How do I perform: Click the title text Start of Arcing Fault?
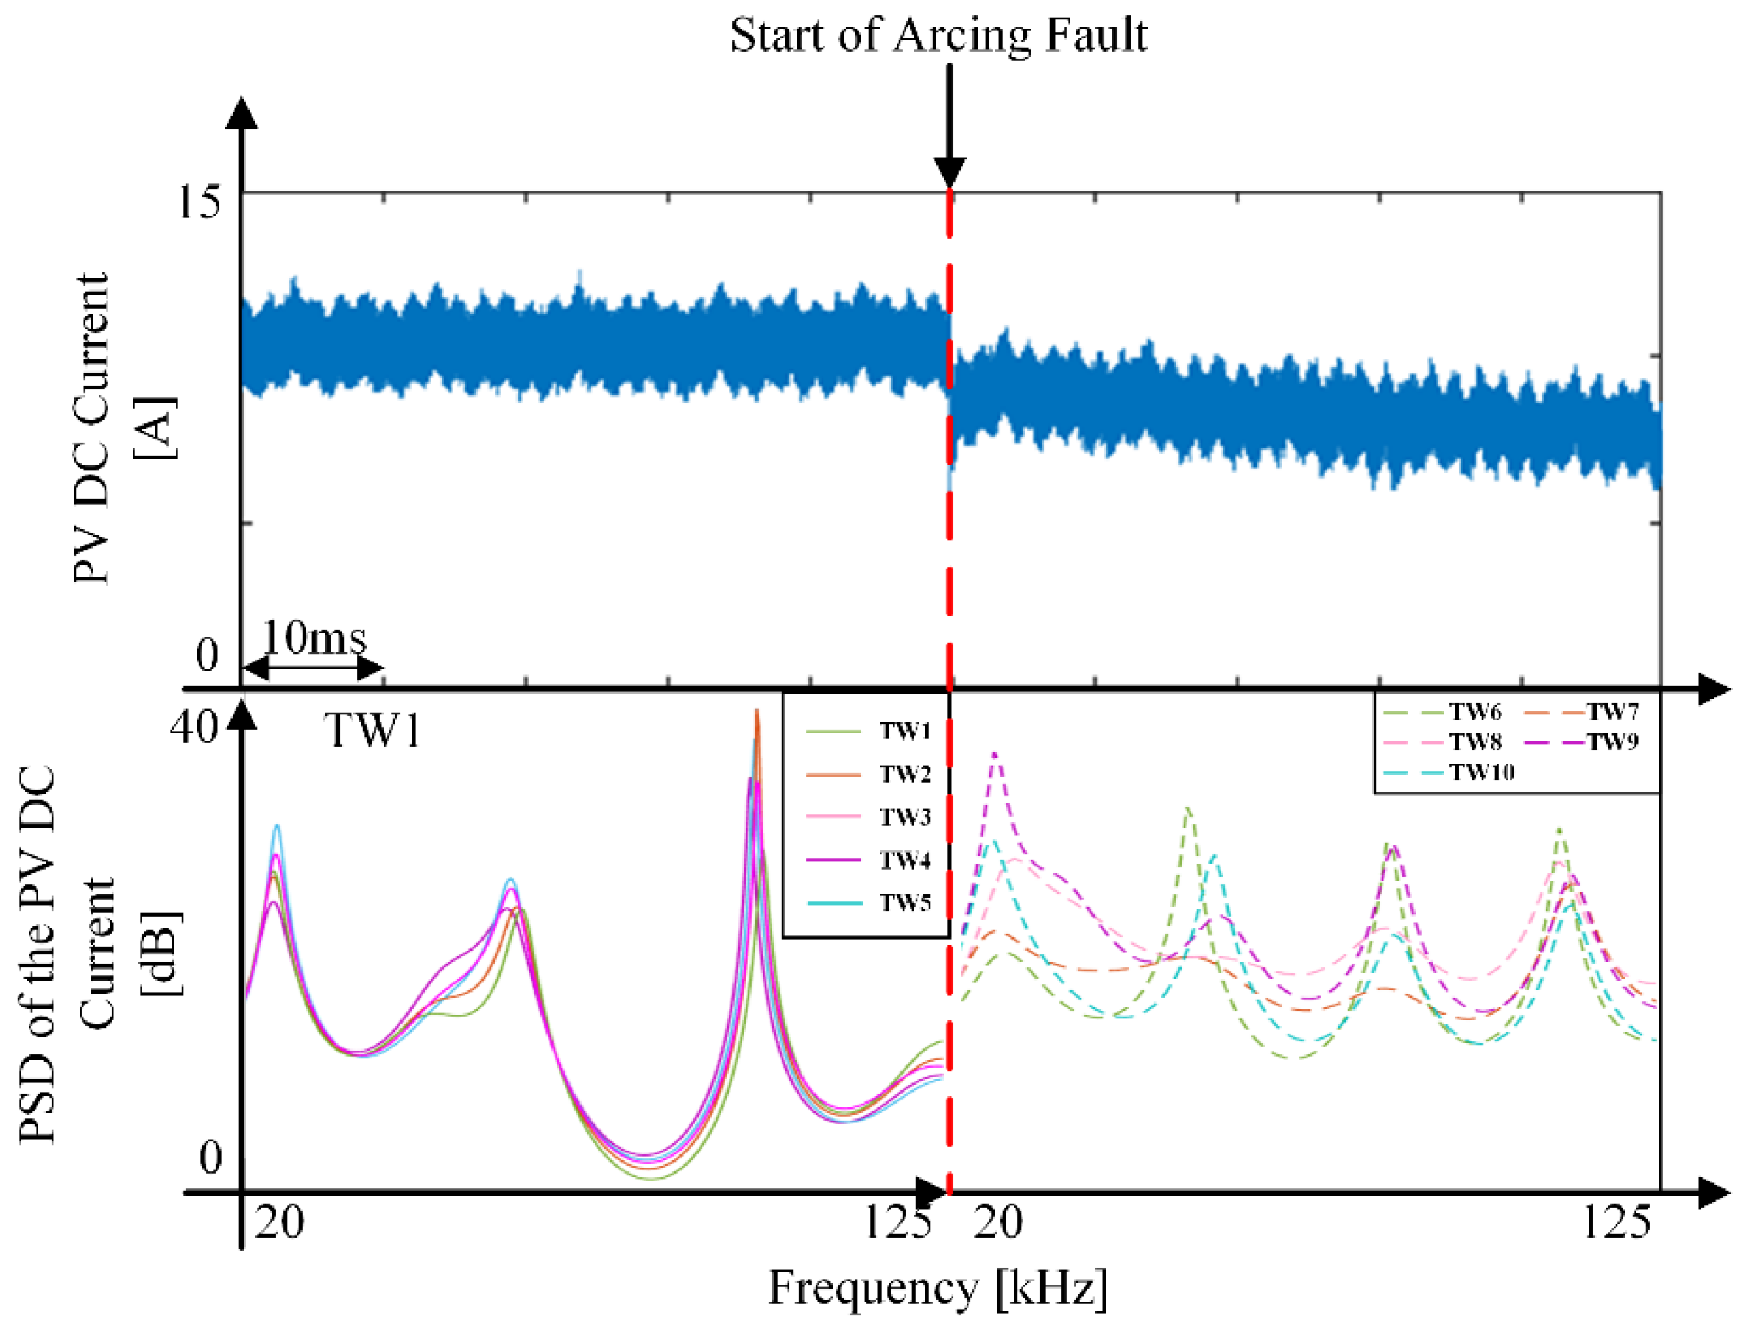click(x=937, y=35)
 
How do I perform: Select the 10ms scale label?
click(x=314, y=638)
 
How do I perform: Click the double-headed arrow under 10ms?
click(x=311, y=669)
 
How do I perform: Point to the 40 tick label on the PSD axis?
click(x=192, y=725)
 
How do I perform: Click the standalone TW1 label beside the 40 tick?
click(x=372, y=730)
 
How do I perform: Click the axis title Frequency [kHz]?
click(x=937, y=1288)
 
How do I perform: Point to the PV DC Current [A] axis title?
click(x=123, y=427)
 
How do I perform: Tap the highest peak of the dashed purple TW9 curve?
click(x=995, y=755)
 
